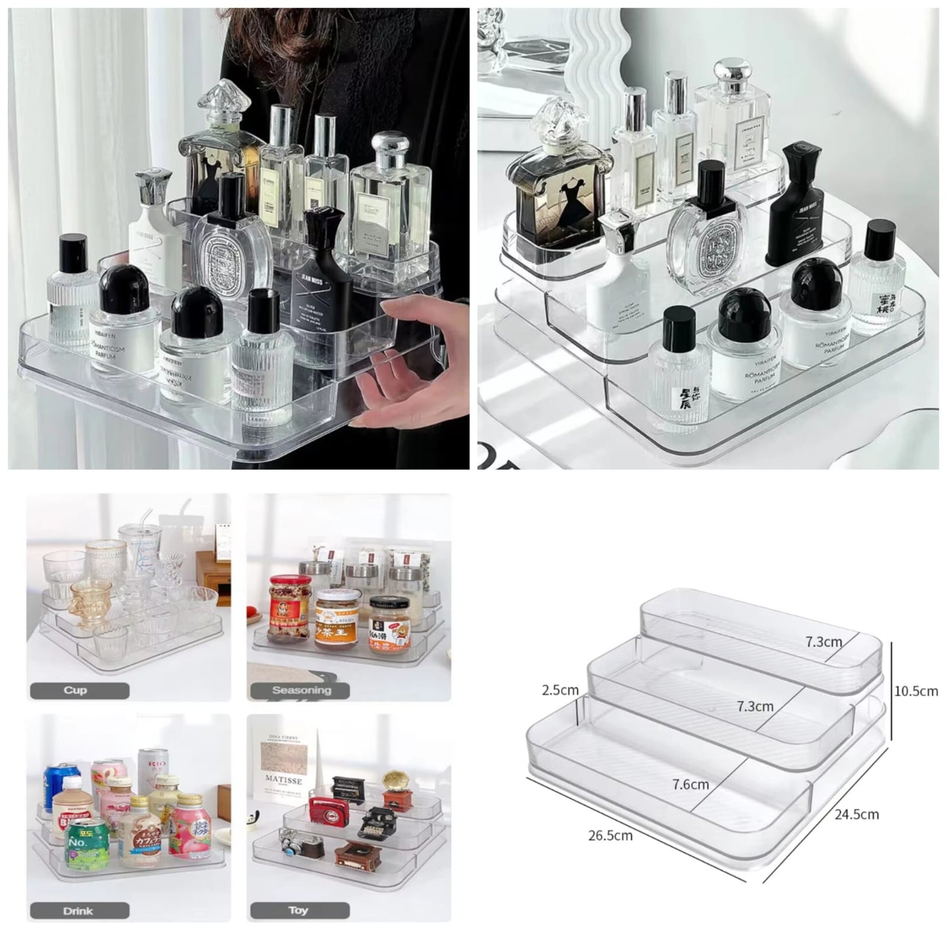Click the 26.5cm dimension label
pyautogui.click(x=610, y=836)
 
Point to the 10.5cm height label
pyautogui.click(x=916, y=691)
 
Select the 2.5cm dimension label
pyautogui.click(x=560, y=689)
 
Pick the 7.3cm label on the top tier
pyautogui.click(x=824, y=642)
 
